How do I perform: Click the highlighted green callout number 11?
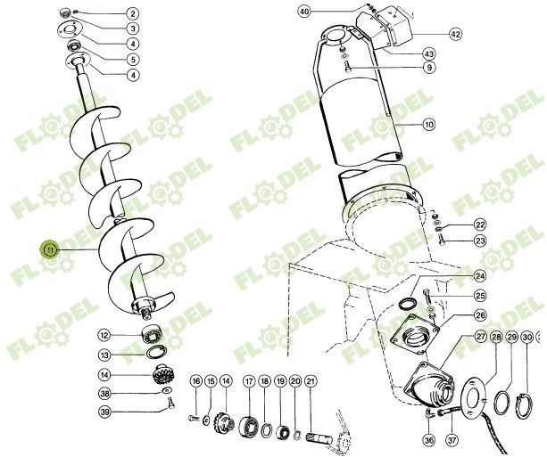pyautogui.click(x=50, y=250)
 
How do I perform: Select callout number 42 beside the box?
pyautogui.click(x=455, y=34)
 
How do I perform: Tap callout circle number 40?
pyautogui.click(x=304, y=12)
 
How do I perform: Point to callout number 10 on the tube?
pyautogui.click(x=429, y=125)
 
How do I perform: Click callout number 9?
pyautogui.click(x=429, y=68)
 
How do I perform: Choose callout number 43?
pyautogui.click(x=429, y=54)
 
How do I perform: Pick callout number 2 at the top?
pyautogui.click(x=132, y=14)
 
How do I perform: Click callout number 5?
pyautogui.click(x=132, y=59)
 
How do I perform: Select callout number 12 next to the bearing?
pyautogui.click(x=104, y=335)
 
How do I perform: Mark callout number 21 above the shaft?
pyautogui.click(x=311, y=381)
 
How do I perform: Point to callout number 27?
pyautogui.click(x=480, y=337)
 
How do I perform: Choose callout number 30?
pyautogui.click(x=526, y=337)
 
